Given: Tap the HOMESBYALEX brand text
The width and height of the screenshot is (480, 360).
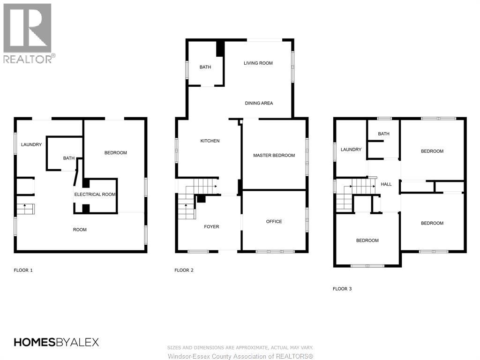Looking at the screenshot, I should coord(56,342).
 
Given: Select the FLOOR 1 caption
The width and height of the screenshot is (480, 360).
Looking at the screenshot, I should coord(23,270).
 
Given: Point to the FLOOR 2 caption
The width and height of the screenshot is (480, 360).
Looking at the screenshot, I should coord(184,270).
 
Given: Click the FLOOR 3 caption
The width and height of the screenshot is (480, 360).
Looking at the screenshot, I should coord(342,289).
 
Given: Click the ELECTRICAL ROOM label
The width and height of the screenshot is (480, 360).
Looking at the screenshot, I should coord(95,194).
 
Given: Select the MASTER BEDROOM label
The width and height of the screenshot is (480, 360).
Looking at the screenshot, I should coord(274,155).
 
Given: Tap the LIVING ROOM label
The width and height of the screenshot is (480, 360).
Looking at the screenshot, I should coord(258,63).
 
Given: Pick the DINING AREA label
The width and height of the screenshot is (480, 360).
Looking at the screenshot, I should coord(259,103).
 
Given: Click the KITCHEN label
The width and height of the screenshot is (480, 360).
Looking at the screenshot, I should coord(210,141).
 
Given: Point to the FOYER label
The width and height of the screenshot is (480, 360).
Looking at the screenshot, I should coord(211,226).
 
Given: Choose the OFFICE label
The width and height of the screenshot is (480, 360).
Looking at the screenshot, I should coord(274,221).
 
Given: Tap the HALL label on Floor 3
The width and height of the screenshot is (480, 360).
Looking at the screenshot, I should coord(386,184).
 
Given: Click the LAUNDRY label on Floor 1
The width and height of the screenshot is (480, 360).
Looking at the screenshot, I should coord(31,144).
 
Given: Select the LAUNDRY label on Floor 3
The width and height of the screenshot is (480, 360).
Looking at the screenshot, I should coord(351,150).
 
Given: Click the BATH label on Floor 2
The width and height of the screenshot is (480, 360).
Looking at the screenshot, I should coord(205,67).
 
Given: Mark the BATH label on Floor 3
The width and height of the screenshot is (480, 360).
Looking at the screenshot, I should coord(383,134).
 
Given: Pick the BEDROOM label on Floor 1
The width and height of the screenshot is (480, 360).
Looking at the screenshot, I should coord(115,152).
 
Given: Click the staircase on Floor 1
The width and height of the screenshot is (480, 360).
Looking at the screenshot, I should coord(25,209).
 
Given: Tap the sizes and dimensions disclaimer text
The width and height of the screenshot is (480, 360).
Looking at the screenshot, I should coord(240,347).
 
